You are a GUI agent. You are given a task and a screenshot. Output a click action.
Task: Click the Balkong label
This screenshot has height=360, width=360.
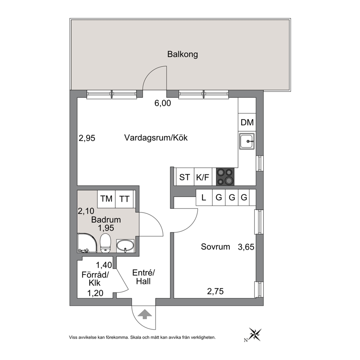(183, 54)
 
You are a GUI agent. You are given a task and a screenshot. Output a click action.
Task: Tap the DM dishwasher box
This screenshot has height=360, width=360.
(247, 122)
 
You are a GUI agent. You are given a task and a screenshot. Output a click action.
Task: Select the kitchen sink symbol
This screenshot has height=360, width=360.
(247, 141)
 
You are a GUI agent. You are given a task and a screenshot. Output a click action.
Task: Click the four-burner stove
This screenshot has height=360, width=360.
(225, 177)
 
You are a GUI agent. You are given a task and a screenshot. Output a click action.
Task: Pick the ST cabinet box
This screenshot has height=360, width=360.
(185, 177)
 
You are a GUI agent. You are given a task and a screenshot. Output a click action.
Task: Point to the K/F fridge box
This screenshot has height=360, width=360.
(203, 177)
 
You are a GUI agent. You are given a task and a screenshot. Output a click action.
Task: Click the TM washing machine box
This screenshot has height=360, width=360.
(106, 199)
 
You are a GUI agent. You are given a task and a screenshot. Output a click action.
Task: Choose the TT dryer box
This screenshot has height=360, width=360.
(124, 199)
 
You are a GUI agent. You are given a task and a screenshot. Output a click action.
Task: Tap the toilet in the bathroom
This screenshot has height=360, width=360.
(106, 243)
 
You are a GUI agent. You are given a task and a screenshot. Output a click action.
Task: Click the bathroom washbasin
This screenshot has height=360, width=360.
(125, 246)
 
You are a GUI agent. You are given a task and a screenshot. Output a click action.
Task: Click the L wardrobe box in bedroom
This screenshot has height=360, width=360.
(204, 197)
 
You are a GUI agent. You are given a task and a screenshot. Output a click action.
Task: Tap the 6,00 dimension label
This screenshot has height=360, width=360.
(163, 103)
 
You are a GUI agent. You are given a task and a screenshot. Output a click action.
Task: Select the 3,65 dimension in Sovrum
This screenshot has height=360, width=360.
(246, 247)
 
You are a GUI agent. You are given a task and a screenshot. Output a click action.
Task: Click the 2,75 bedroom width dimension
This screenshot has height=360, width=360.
(215, 291)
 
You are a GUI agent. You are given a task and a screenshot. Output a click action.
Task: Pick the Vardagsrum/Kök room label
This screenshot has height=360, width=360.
(156, 138)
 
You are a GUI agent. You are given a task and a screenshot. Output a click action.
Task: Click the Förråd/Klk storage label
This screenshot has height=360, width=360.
(95, 279)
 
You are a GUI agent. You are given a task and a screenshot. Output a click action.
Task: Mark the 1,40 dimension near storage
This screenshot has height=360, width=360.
(104, 265)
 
